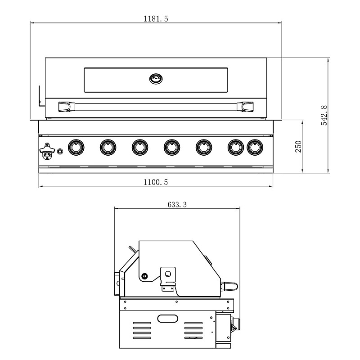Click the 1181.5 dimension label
tap(156, 18)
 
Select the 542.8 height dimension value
tap(324, 116)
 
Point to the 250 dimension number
tap(298, 147)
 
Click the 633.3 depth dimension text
tap(177, 204)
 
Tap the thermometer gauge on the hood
tap(156, 79)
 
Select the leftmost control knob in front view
tap(76, 147)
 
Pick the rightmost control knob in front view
tap(255, 147)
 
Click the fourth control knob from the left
tap(171, 147)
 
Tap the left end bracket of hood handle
tap(66, 106)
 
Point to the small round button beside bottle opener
tap(60, 152)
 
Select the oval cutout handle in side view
tap(168, 319)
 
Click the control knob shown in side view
tap(236, 323)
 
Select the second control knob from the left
tap(108, 147)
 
